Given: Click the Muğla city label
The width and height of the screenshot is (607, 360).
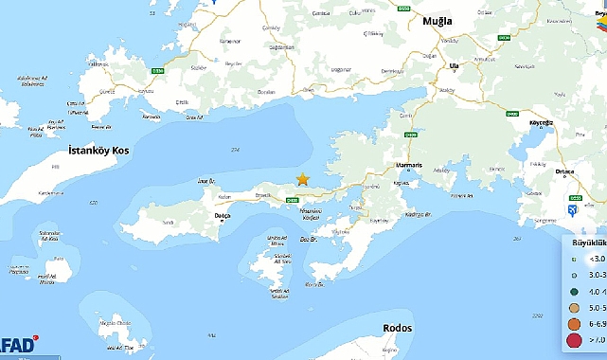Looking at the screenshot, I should [437, 22].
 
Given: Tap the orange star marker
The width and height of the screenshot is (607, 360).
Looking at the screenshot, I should [303, 179].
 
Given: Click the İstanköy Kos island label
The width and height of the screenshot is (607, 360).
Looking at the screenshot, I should [98, 151].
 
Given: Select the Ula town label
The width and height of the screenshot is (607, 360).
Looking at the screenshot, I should [455, 65].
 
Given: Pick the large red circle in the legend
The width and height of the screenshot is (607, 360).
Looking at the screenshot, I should [574, 340].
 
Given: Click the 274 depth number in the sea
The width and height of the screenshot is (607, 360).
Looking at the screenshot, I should [235, 150].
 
